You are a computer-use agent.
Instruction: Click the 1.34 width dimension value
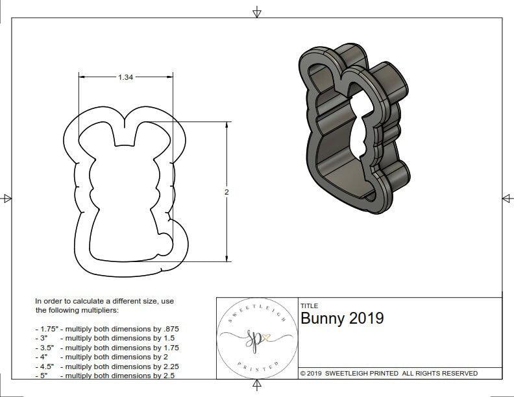(x=126, y=77)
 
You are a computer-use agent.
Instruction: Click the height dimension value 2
(x=226, y=193)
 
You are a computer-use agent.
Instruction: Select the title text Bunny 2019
(x=342, y=319)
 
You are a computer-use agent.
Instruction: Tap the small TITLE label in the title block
(x=309, y=306)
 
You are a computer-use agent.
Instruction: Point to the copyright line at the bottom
(x=389, y=373)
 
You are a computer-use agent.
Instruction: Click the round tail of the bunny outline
(x=167, y=242)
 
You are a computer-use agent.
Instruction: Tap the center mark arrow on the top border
(x=257, y=12)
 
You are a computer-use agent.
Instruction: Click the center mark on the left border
(x=8, y=198)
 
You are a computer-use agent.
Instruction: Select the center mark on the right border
(x=506, y=198)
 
